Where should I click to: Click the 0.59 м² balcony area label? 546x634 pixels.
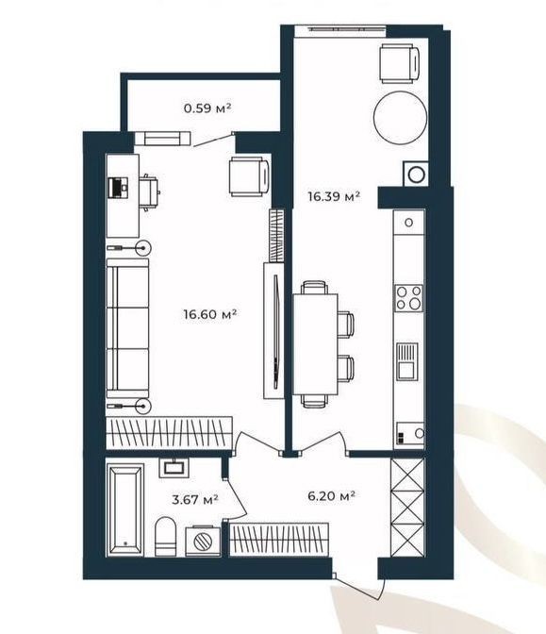point(207,108)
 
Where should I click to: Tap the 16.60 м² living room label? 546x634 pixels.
point(209,314)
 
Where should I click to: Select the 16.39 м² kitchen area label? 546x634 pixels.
point(334,197)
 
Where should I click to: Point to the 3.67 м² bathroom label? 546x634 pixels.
point(195,499)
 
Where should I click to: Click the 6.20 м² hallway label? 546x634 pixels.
point(331,495)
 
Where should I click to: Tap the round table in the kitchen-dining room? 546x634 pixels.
point(400,117)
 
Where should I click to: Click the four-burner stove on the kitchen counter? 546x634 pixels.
point(409,298)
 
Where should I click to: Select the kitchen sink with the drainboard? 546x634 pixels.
point(407,361)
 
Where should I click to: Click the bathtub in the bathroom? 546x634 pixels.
point(125,509)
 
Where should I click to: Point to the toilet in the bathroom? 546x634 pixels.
point(166,536)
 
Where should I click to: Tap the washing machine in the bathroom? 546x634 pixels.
point(203,541)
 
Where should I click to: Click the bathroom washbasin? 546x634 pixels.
point(174,468)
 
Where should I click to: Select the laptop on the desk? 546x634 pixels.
point(119,188)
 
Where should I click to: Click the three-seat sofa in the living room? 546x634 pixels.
point(127,328)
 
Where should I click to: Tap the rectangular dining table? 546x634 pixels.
point(315,344)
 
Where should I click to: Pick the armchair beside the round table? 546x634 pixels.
point(399,63)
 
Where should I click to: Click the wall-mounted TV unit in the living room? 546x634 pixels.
point(274,331)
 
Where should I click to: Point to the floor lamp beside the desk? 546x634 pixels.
point(128,247)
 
